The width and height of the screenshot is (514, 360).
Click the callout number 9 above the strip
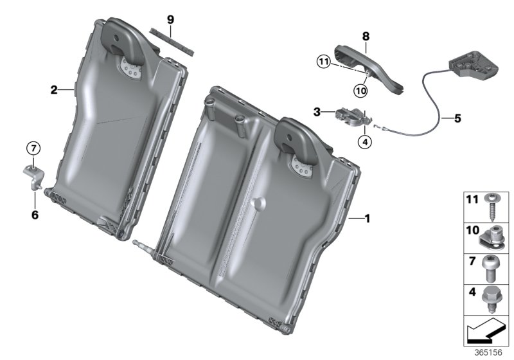(x=171, y=20)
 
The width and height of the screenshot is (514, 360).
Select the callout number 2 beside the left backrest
(x=55, y=90)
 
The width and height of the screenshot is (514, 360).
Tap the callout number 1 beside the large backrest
(x=368, y=219)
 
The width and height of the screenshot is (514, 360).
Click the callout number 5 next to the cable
(x=457, y=118)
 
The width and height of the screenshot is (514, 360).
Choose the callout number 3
(x=317, y=113)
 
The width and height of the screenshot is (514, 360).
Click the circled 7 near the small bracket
(x=33, y=149)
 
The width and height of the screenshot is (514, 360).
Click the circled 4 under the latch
(x=366, y=142)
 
